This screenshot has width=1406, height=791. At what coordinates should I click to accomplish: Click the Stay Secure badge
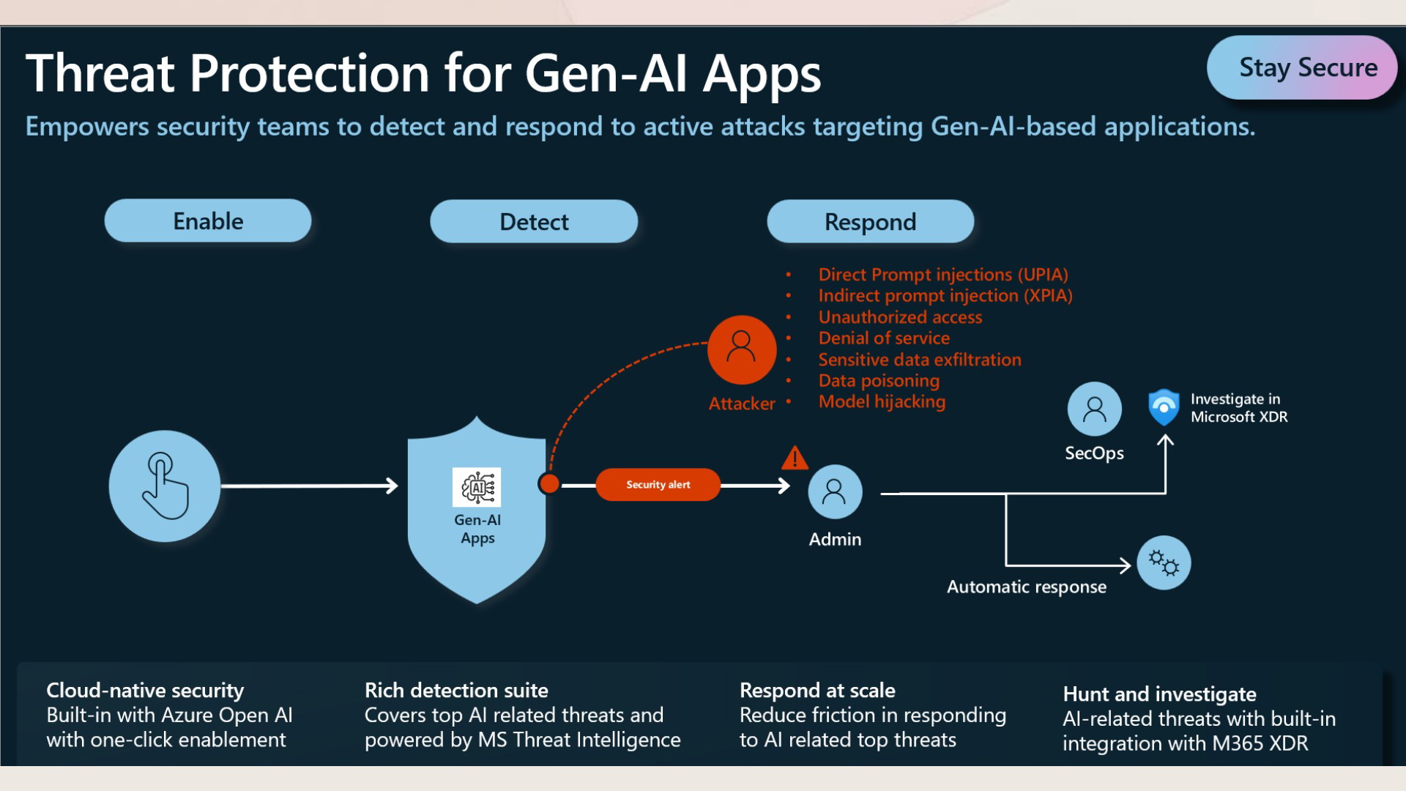pos(1301,67)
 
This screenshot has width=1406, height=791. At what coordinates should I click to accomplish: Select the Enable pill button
pos(208,220)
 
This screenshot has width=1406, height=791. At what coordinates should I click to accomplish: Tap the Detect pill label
pos(534,221)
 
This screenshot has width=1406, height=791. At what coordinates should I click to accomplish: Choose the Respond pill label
pos(871,221)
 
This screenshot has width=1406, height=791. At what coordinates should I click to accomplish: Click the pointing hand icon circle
pos(165,486)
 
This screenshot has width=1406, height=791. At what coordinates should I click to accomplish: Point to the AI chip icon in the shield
pos(477,487)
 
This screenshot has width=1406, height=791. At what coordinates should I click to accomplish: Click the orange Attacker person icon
pos(742,349)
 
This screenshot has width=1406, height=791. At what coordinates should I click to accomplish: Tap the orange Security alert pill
pos(658,485)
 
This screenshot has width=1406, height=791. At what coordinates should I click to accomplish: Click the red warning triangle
pos(795,458)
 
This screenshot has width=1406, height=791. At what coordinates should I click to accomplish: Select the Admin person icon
pos(835,491)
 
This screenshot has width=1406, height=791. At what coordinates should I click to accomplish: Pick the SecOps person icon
pos(1095,409)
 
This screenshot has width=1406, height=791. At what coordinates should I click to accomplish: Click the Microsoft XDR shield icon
pos(1164,407)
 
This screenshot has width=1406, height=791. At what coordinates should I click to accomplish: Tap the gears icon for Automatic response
pos(1164,563)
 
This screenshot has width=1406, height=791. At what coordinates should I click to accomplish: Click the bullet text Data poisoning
pos(879,381)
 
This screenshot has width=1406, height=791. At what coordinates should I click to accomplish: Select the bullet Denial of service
pos(884,338)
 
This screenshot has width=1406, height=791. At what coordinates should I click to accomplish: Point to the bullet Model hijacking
pos(882,402)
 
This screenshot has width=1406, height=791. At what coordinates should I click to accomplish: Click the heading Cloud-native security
pos(145,691)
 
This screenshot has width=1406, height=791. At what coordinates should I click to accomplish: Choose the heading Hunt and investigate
pos(1159,694)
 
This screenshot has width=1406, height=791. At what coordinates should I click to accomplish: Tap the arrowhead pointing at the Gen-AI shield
pos(393,486)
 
